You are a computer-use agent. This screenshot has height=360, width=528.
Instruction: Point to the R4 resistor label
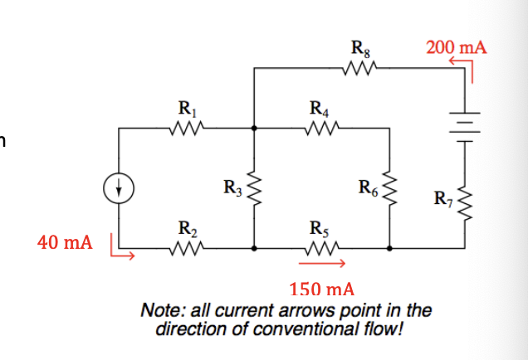318,108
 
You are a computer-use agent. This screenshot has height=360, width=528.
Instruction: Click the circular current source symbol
120,187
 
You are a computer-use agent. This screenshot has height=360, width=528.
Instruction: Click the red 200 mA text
456,47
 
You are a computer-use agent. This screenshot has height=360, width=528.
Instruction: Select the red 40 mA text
65,243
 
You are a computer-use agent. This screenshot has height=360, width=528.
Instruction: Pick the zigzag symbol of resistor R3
254,187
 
